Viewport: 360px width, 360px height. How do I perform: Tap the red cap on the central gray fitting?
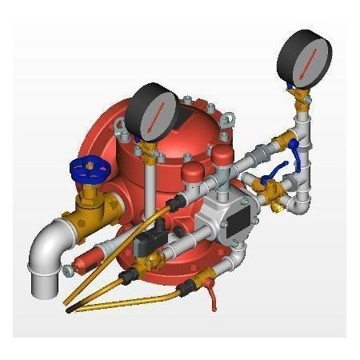[x=193, y=173]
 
